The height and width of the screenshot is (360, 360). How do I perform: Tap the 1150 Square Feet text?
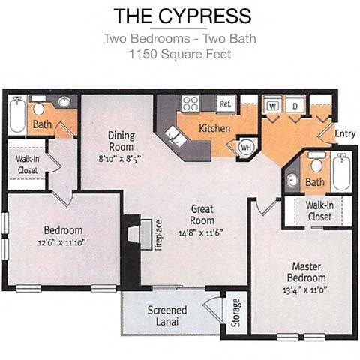pyautogui.click(x=180, y=54)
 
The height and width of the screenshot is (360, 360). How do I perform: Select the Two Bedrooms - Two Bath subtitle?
pyautogui.click(x=180, y=39)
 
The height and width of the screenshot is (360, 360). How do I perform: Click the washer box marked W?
pyautogui.click(x=272, y=106)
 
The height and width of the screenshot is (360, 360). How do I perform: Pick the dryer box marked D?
pyautogui.click(x=297, y=106)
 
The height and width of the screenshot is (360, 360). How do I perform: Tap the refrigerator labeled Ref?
pyautogui.click(x=224, y=103)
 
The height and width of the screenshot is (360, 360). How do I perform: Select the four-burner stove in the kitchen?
pyautogui.click(x=190, y=104)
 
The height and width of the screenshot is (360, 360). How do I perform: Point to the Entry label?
pyautogui.click(x=345, y=133)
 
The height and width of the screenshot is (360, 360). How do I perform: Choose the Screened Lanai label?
pyautogui.click(x=166, y=316)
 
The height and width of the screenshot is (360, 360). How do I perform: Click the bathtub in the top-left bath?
pyautogui.click(x=16, y=114)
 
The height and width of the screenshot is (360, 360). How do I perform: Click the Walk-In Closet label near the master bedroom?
pyautogui.click(x=319, y=211)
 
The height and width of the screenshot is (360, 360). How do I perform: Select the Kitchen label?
pyautogui.click(x=214, y=128)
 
